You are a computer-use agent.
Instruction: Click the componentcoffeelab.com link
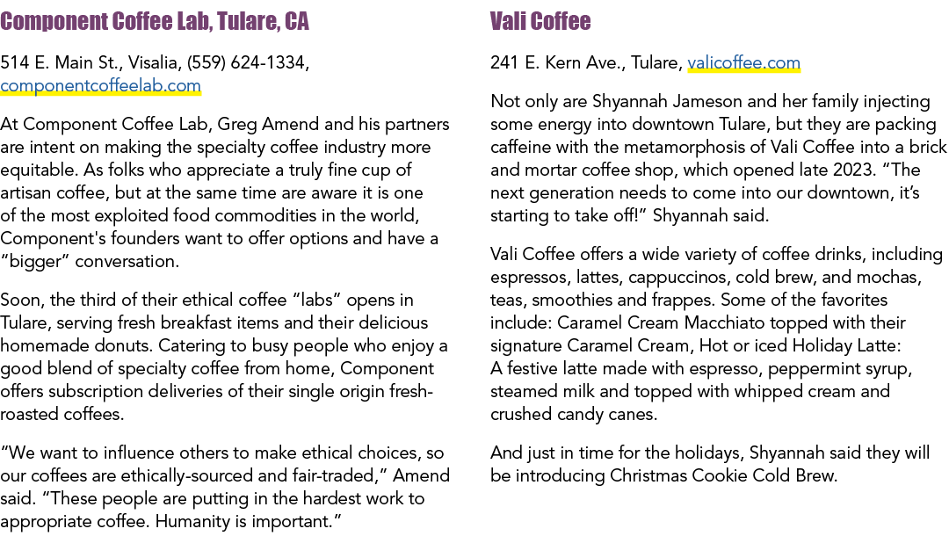100,86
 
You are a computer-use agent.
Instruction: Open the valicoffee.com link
744,63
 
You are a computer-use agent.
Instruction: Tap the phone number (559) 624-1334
246,63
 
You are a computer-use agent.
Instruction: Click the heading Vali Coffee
540,21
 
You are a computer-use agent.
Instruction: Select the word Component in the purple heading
54,22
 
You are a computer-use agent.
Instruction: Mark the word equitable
39,170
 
